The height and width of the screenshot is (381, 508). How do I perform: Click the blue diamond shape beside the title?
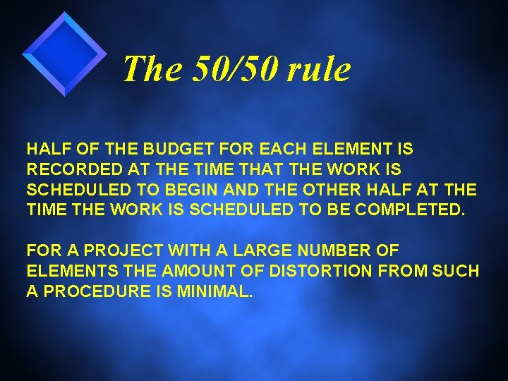64,54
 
